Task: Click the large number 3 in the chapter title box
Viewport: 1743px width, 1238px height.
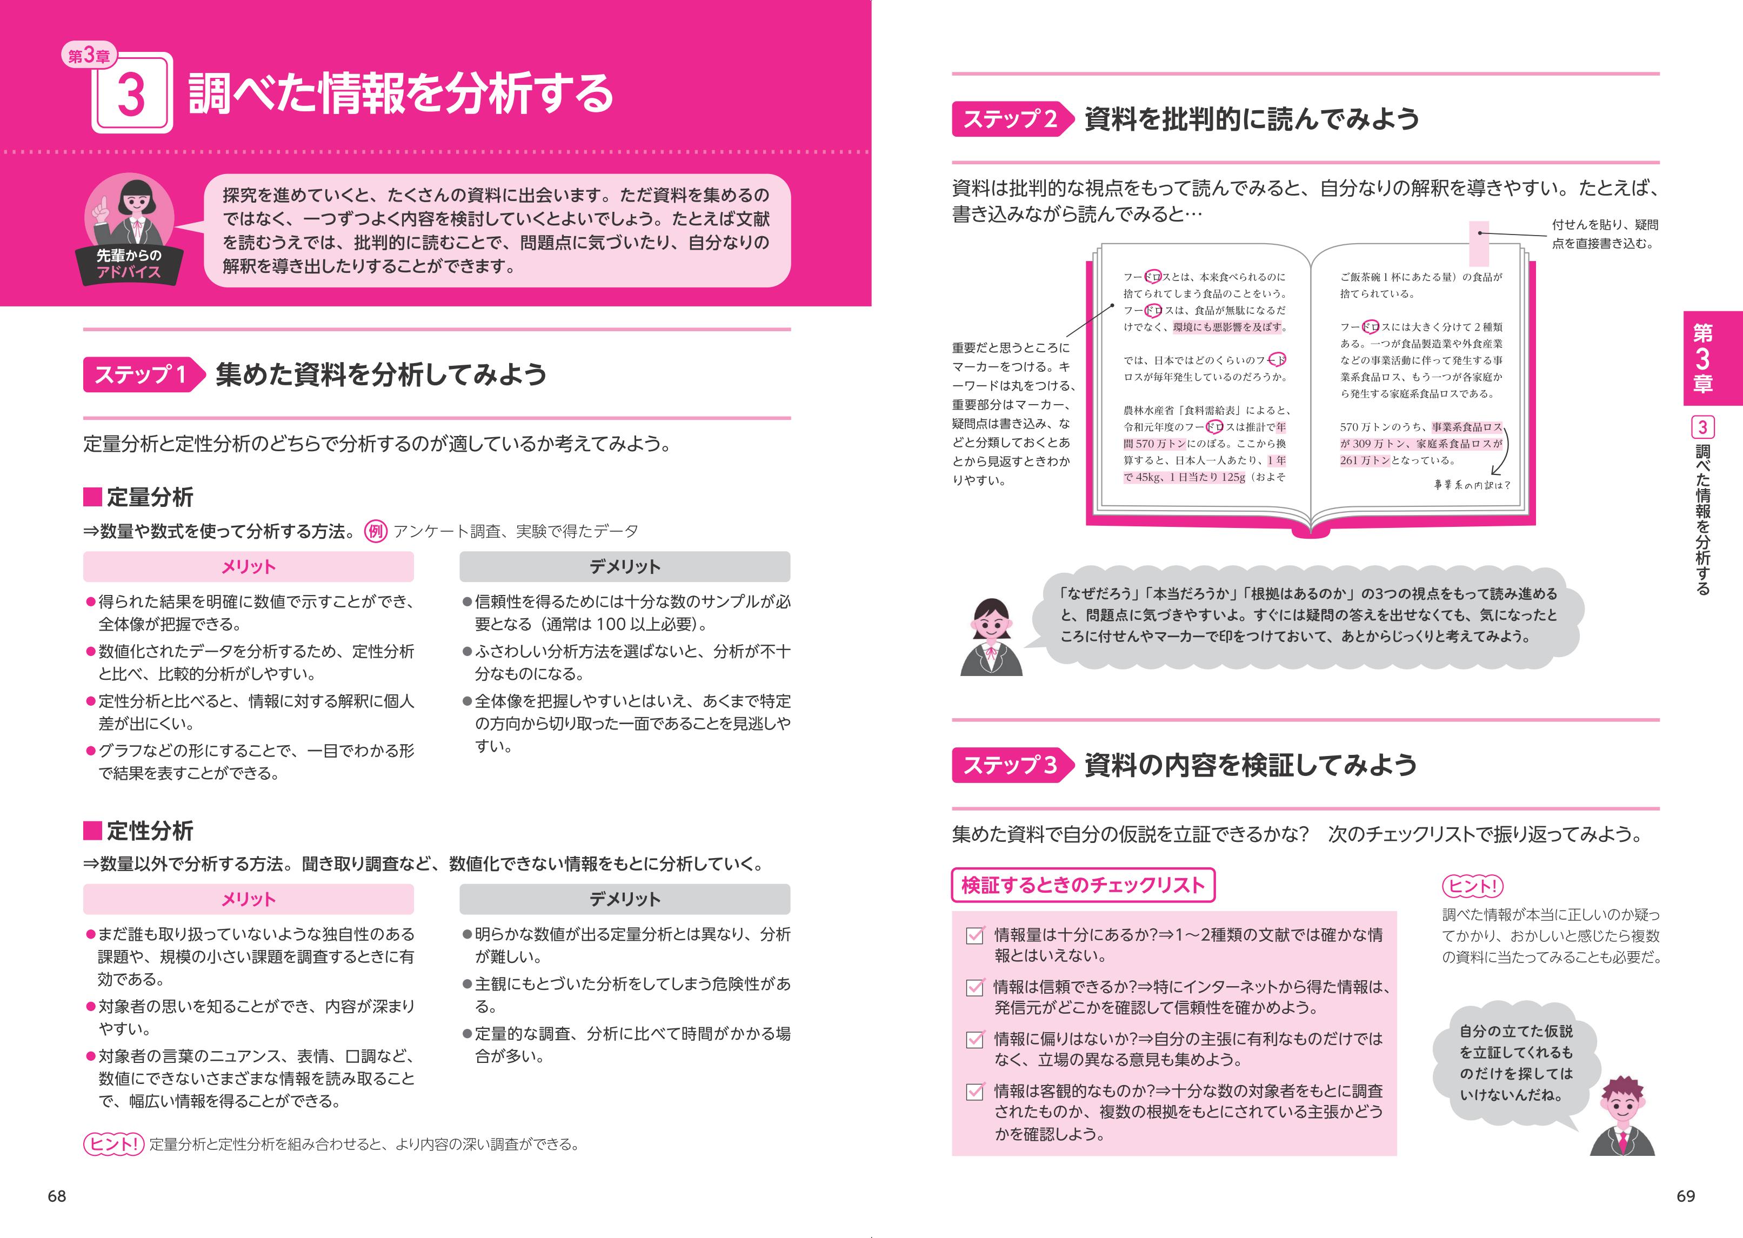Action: pos(132,95)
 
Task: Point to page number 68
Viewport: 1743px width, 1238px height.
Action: pos(57,1196)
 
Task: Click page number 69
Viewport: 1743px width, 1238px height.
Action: pos(1685,1196)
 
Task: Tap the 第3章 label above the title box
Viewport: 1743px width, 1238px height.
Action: pos(89,56)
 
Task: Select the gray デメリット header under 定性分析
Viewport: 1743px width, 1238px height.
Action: pos(624,899)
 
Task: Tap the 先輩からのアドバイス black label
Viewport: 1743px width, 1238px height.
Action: pos(129,264)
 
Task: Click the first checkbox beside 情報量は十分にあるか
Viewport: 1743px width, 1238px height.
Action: pos(974,935)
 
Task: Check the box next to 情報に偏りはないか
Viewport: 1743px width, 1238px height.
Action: pos(974,1040)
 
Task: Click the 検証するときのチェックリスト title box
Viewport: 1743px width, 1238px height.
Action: pos(1083,885)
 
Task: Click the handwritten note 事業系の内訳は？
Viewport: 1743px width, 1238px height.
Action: pos(1472,485)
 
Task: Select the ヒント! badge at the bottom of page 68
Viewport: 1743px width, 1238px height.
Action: pos(113,1144)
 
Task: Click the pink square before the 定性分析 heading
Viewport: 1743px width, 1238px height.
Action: pos(92,830)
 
